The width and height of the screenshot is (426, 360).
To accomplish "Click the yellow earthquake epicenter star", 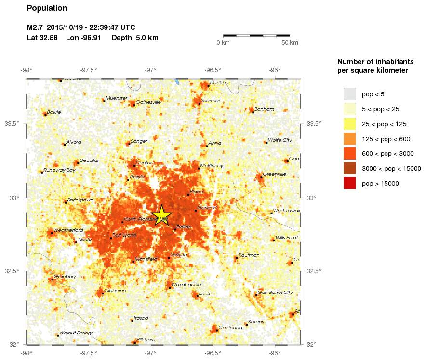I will [x=162, y=215].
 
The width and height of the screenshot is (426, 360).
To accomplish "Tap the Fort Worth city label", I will [x=125, y=235].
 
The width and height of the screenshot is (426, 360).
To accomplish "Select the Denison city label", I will [x=219, y=83].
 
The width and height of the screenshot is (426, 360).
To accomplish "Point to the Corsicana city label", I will [x=230, y=328].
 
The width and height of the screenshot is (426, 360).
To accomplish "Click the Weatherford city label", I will [x=68, y=230].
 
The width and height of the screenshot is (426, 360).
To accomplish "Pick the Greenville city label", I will [x=275, y=174].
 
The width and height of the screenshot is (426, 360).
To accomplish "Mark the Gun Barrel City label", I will [x=275, y=293].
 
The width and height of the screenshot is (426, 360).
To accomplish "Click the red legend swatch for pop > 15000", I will [x=349, y=183].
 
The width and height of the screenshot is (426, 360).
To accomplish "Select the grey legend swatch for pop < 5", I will [x=349, y=94].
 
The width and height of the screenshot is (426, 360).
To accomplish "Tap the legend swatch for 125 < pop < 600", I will [x=349, y=139].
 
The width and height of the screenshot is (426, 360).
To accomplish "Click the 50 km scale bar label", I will [x=290, y=43].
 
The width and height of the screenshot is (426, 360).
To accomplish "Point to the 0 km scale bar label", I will [x=223, y=43].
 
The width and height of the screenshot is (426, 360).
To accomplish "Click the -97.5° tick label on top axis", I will [x=89, y=69].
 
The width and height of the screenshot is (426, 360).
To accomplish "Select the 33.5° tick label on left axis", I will [x=12, y=124].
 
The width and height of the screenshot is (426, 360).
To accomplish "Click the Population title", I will [x=47, y=8].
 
